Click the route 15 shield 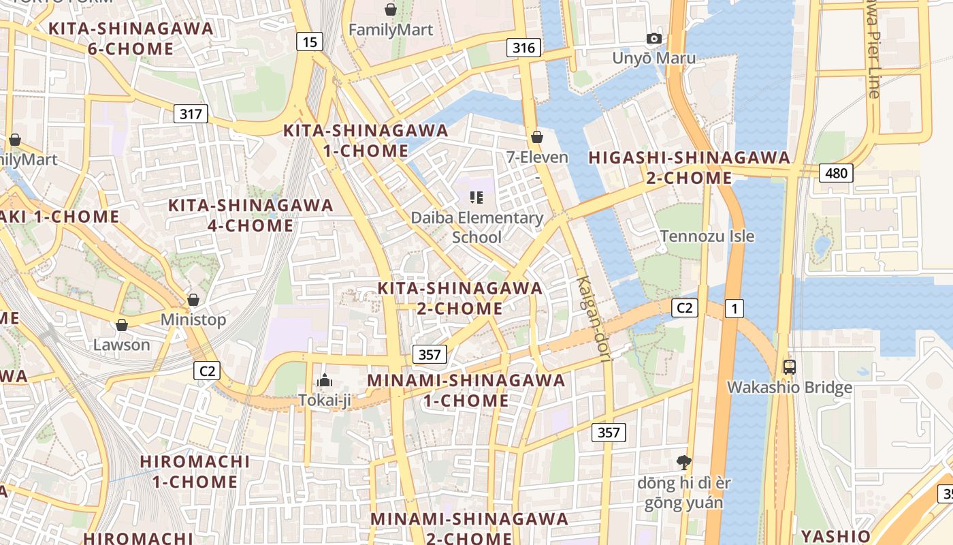[x=309, y=42]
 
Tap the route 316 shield [x=523, y=48]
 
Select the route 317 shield [x=191, y=114]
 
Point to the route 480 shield [x=835, y=173]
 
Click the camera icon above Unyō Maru [x=654, y=39]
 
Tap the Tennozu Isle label [x=707, y=236]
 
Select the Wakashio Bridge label [x=790, y=388]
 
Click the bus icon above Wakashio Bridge [x=790, y=367]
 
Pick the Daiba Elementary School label [x=476, y=228]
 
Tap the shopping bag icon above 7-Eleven [x=537, y=138]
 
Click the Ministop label [x=193, y=320]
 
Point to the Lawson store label [x=122, y=345]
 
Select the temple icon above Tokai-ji [x=325, y=380]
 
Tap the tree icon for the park [x=683, y=463]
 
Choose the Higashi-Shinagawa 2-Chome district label [x=690, y=168]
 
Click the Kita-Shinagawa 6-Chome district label [x=130, y=39]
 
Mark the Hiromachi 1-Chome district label [x=195, y=471]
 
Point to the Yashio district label [x=835, y=535]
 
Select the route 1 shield [x=734, y=309]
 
